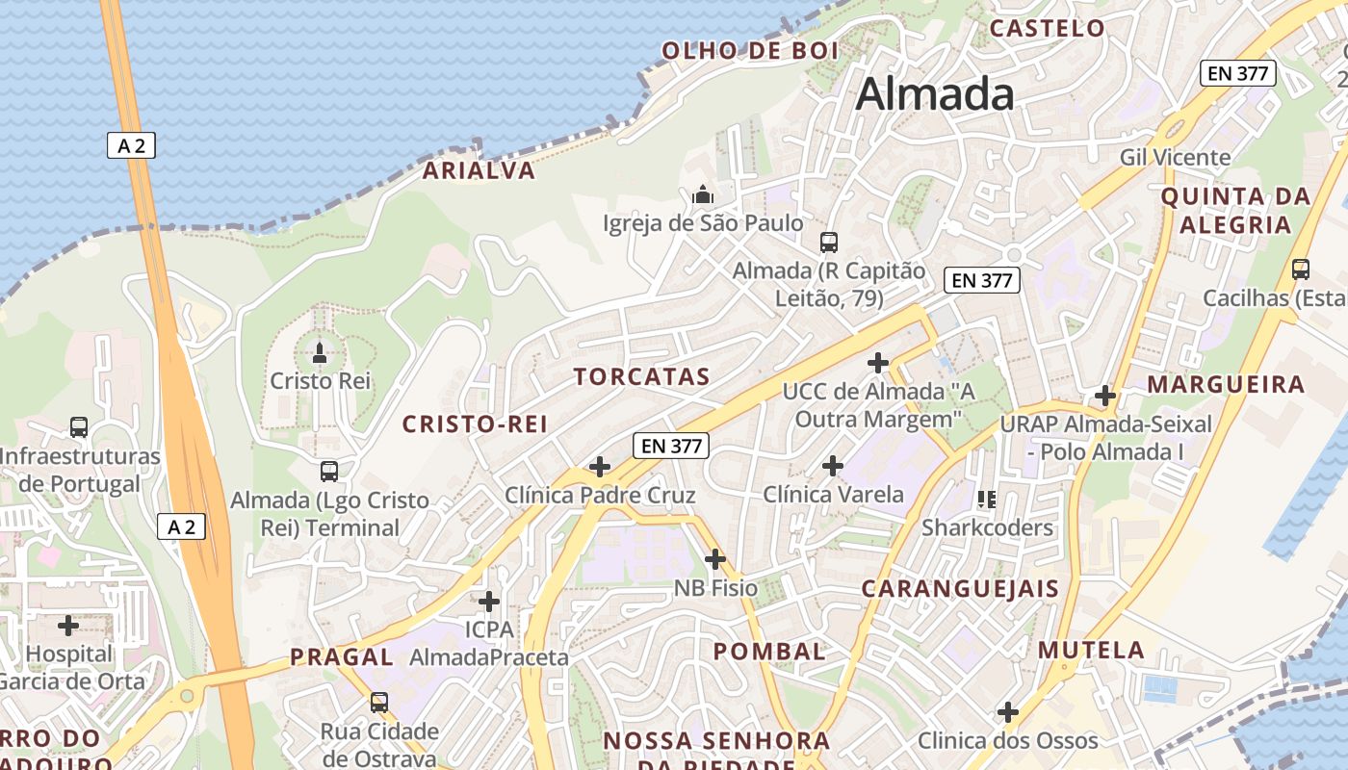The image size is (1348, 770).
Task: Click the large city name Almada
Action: pyautogui.click(x=934, y=93)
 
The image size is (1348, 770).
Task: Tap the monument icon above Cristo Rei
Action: pyautogui.click(x=320, y=352)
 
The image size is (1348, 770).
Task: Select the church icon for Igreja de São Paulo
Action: pyautogui.click(x=703, y=194)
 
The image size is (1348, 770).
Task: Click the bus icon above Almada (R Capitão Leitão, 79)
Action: pyautogui.click(x=828, y=243)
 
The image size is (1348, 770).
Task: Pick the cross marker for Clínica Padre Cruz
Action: pyautogui.click(x=600, y=467)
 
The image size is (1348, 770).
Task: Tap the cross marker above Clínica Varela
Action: pyautogui.click(x=833, y=466)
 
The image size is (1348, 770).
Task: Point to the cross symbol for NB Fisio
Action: pyautogui.click(x=715, y=559)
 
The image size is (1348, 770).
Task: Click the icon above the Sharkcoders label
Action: pyautogui.click(x=987, y=499)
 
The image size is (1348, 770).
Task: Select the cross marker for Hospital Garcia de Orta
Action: pyautogui.click(x=68, y=626)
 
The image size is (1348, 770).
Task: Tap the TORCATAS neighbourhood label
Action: pyautogui.click(x=642, y=377)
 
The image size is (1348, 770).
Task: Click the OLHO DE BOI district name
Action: pyautogui.click(x=751, y=51)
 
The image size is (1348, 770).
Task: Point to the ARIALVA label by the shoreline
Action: pyautogui.click(x=479, y=171)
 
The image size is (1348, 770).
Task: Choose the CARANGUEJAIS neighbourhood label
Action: pyautogui.click(x=960, y=589)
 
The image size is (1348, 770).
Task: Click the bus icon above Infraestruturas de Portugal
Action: pyautogui.click(x=79, y=426)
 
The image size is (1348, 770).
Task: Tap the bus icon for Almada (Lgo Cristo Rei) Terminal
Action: pyautogui.click(x=329, y=472)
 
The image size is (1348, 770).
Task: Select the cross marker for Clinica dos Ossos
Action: pyautogui.click(x=1008, y=712)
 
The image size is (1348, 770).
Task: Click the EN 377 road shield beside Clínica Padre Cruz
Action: pyautogui.click(x=671, y=446)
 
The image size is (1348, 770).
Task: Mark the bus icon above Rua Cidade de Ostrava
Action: pyautogui.click(x=379, y=703)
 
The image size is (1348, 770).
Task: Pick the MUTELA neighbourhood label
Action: pyautogui.click(x=1091, y=651)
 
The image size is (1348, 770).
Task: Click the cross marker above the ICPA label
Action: pyautogui.click(x=489, y=602)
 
